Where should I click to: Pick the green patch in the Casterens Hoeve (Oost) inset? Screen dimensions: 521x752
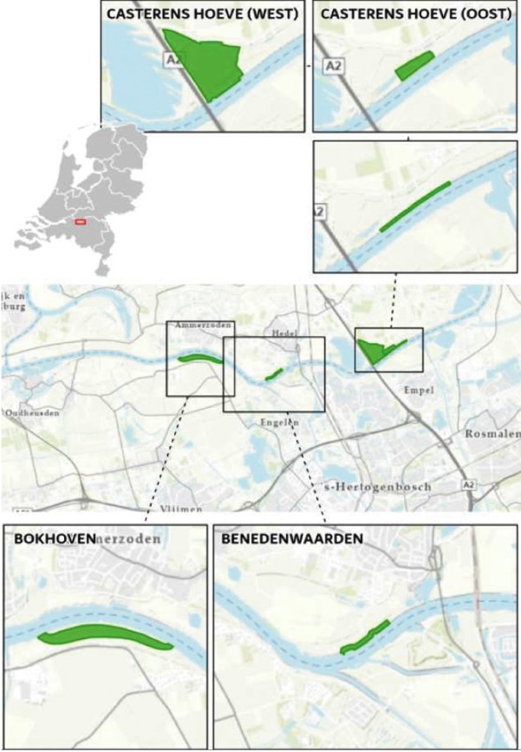414,66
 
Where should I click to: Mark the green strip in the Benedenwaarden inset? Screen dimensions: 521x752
366,637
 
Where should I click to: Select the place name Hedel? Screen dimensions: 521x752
283,332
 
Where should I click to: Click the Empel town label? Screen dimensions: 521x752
419,391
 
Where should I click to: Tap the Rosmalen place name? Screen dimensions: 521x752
492,434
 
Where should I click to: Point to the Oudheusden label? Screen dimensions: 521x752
33,414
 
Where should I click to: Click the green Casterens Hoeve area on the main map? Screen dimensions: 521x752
374,352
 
